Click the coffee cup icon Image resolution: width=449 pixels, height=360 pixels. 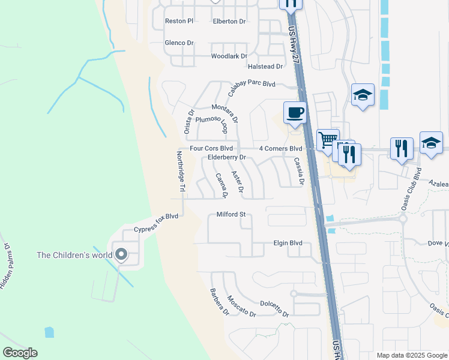point(295,112)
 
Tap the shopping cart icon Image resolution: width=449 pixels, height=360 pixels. point(328,140)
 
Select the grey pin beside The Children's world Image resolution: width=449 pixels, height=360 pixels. point(121,255)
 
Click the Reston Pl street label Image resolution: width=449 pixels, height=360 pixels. point(179,21)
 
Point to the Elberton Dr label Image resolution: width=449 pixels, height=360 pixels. point(229,21)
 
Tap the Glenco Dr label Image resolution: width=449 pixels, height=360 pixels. point(179,43)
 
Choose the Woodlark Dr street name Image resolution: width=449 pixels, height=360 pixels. point(229,56)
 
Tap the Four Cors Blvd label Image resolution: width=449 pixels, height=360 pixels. point(211,148)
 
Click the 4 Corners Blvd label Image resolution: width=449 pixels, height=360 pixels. point(280,148)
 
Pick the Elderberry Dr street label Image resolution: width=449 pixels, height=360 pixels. point(227,157)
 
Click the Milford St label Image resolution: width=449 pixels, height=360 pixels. point(231,214)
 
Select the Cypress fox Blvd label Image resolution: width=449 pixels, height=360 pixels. point(157,223)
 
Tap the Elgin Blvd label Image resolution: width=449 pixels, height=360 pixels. point(288,243)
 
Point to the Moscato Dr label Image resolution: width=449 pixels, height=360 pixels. point(242,306)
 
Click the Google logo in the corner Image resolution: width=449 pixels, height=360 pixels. point(20,353)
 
